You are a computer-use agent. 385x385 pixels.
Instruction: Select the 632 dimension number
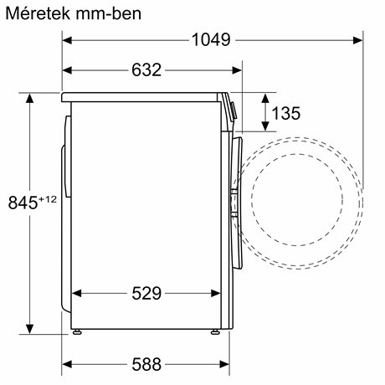[x=146, y=70]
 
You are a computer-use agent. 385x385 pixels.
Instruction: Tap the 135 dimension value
[x=286, y=113]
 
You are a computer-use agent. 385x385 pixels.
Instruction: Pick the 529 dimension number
[x=146, y=293]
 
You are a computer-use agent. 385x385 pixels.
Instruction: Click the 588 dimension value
[x=146, y=365]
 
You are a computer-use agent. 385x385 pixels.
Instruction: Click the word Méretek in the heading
[x=35, y=13]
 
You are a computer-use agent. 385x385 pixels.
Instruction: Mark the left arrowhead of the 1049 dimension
[x=69, y=39]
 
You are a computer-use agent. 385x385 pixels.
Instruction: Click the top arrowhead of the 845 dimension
[x=31, y=98]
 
